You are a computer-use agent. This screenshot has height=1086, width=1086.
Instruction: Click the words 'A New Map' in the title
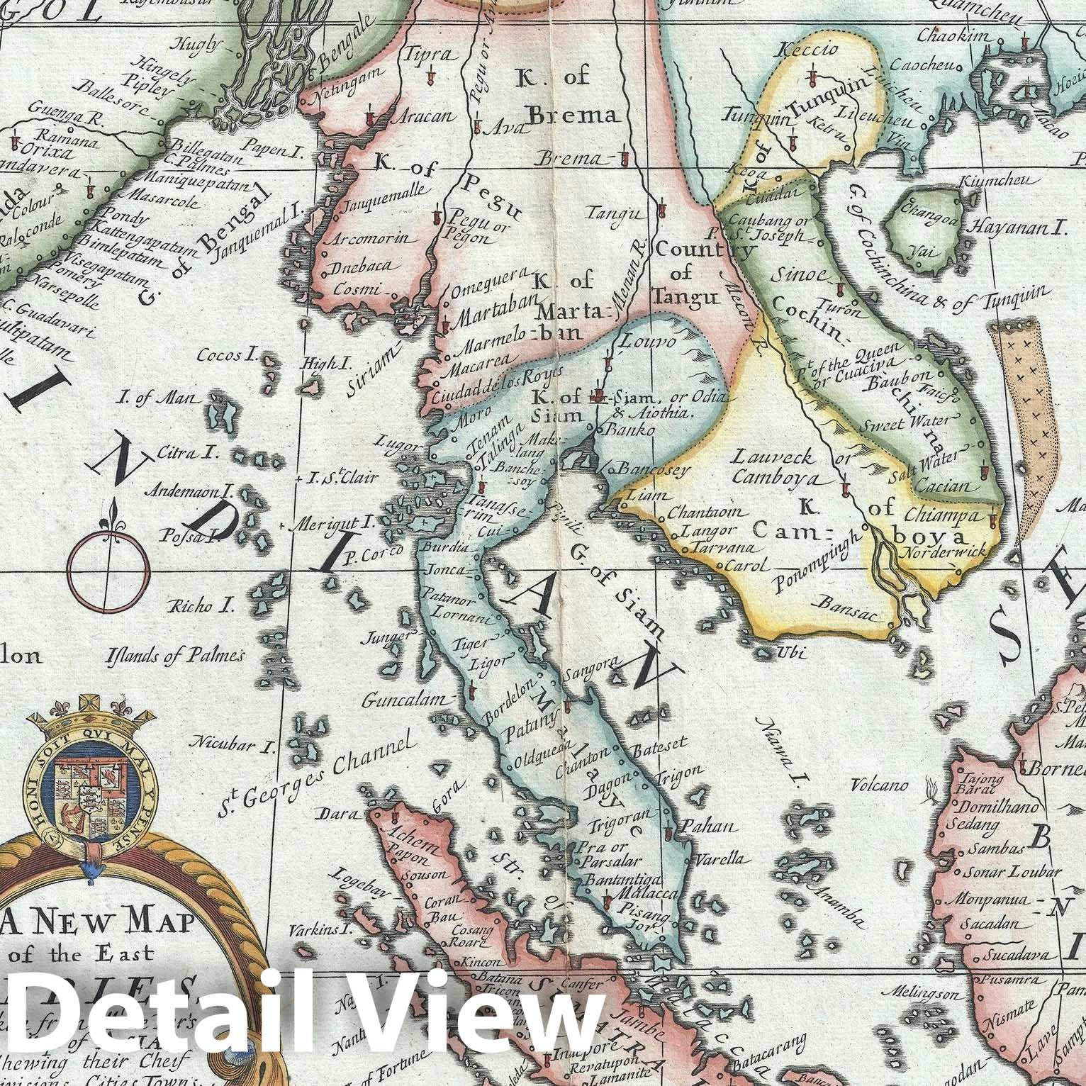pyautogui.click(x=91, y=921)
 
